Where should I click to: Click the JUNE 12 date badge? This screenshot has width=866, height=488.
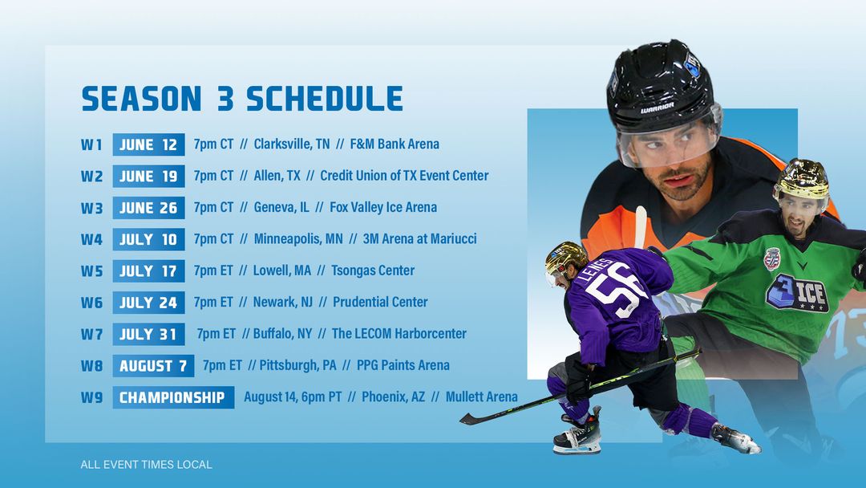pyautogui.click(x=148, y=144)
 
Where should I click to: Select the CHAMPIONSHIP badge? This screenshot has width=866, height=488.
pyautogui.click(x=173, y=397)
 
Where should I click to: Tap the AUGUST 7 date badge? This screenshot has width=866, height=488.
pyautogui.click(x=153, y=366)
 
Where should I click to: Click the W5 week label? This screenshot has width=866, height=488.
pyautogui.click(x=91, y=271)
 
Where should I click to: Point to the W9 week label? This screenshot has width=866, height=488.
pyautogui.click(x=91, y=397)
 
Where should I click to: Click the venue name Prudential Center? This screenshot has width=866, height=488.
pyautogui.click(x=380, y=303)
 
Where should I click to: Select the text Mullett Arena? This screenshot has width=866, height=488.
pyautogui.click(x=482, y=396)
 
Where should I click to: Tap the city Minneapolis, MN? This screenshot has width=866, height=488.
pyautogui.click(x=298, y=238)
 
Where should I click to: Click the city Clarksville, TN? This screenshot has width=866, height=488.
pyautogui.click(x=292, y=144)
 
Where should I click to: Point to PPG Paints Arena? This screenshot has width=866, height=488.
pyautogui.click(x=403, y=365)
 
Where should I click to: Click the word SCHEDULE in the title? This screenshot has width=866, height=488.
pyautogui.click(x=325, y=99)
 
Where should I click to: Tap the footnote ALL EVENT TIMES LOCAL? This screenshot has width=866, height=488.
pyautogui.click(x=147, y=465)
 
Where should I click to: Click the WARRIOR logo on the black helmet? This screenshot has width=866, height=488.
pyautogui.click(x=658, y=108)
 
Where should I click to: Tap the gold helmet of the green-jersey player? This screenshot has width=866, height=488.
pyautogui.click(x=801, y=178)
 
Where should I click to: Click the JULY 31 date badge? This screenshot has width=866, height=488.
pyautogui.click(x=148, y=335)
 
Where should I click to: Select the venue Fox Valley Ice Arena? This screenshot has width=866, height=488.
pyautogui.click(x=383, y=207)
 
